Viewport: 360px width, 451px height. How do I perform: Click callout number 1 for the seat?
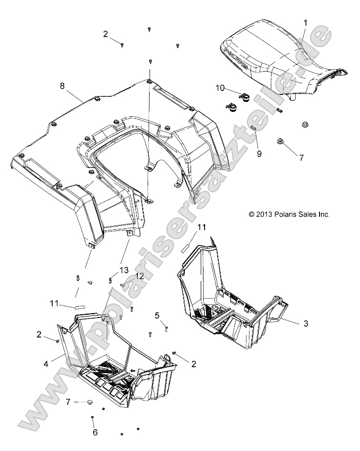point(305,23)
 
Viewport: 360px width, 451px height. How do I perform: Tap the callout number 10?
point(220,88)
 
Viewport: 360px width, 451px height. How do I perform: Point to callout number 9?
point(259,153)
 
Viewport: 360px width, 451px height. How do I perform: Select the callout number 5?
point(157,315)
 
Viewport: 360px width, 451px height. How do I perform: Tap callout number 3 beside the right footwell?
point(305,323)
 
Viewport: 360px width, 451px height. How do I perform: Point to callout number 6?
point(95,432)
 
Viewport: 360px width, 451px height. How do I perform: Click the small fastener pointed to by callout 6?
point(92,418)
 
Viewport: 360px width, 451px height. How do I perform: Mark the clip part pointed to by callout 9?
point(254,142)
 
